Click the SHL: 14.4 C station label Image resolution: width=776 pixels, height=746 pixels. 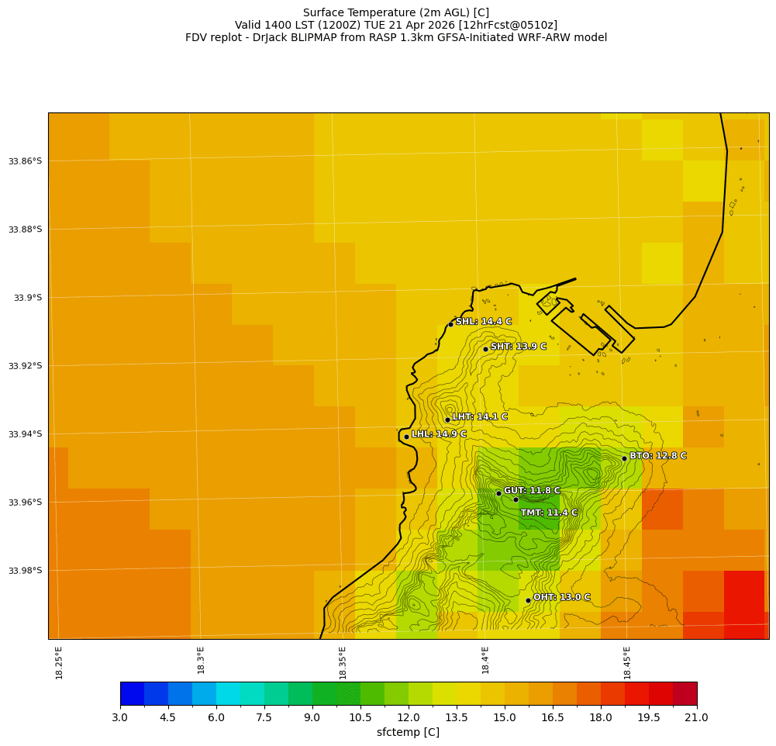point(483,322)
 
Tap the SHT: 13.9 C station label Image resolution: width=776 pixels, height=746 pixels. point(518,347)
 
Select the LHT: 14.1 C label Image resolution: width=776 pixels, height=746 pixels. point(479,417)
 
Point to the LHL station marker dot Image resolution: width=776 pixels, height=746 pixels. point(406,437)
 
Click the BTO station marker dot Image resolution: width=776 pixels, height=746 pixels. point(624,458)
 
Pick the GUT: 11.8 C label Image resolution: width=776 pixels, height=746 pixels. point(531,491)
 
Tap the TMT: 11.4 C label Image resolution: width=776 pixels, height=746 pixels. point(549,513)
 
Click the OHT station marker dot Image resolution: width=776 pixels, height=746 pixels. point(528,600)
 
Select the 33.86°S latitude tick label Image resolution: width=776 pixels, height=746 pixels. point(25,161)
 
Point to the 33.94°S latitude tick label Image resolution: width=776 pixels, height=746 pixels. point(25,434)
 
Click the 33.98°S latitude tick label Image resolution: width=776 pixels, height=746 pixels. point(25,571)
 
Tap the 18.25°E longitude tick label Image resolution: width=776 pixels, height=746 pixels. point(60,663)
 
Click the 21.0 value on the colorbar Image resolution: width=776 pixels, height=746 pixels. point(696,718)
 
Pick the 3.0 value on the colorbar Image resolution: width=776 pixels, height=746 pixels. point(120,718)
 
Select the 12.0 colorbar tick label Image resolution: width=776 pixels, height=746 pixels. point(409,718)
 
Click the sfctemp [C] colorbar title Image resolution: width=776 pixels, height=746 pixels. point(408,733)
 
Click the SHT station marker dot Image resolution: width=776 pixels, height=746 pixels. point(485,349)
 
